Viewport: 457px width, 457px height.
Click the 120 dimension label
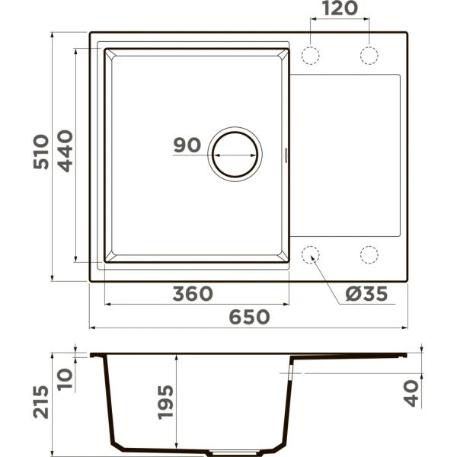pyautogui.click(x=340, y=11)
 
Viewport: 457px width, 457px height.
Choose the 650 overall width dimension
pyautogui.click(x=249, y=318)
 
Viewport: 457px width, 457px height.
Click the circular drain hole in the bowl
pyautogui.click(x=235, y=152)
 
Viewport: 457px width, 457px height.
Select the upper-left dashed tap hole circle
pyautogui.click(x=312, y=56)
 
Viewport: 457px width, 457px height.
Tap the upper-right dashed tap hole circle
pyautogui.click(x=369, y=56)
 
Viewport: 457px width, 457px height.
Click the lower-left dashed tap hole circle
pyautogui.click(x=312, y=254)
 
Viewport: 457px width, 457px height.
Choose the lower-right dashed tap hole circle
pyautogui.click(x=369, y=254)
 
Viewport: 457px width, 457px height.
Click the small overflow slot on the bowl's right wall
pyautogui.click(x=286, y=153)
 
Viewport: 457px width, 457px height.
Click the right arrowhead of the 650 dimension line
pyautogui.click(x=404, y=328)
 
